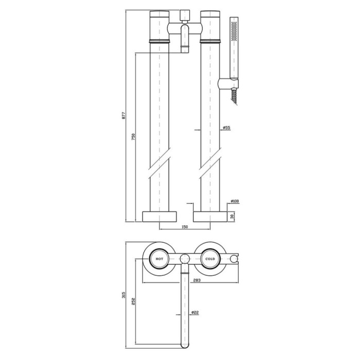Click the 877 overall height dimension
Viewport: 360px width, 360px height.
tap(123, 115)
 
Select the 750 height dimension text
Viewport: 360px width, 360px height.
tap(134, 137)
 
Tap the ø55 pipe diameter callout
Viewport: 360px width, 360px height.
tap(227, 128)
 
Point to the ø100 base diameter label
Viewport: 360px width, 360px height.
tap(235, 202)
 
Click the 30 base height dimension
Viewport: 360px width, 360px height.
tap(232, 217)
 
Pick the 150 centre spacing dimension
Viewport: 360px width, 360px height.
tap(185, 227)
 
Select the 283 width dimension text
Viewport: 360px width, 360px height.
tap(197, 280)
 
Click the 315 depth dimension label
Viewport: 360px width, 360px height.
tap(123, 295)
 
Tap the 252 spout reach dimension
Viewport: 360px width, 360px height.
tap(134, 301)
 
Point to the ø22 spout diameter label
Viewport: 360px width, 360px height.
tap(195, 312)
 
